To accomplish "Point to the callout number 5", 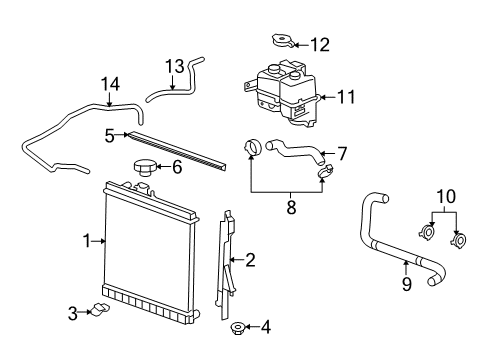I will (x=109, y=133).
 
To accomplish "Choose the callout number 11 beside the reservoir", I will (x=346, y=98).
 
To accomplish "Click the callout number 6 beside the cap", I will (x=177, y=166).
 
